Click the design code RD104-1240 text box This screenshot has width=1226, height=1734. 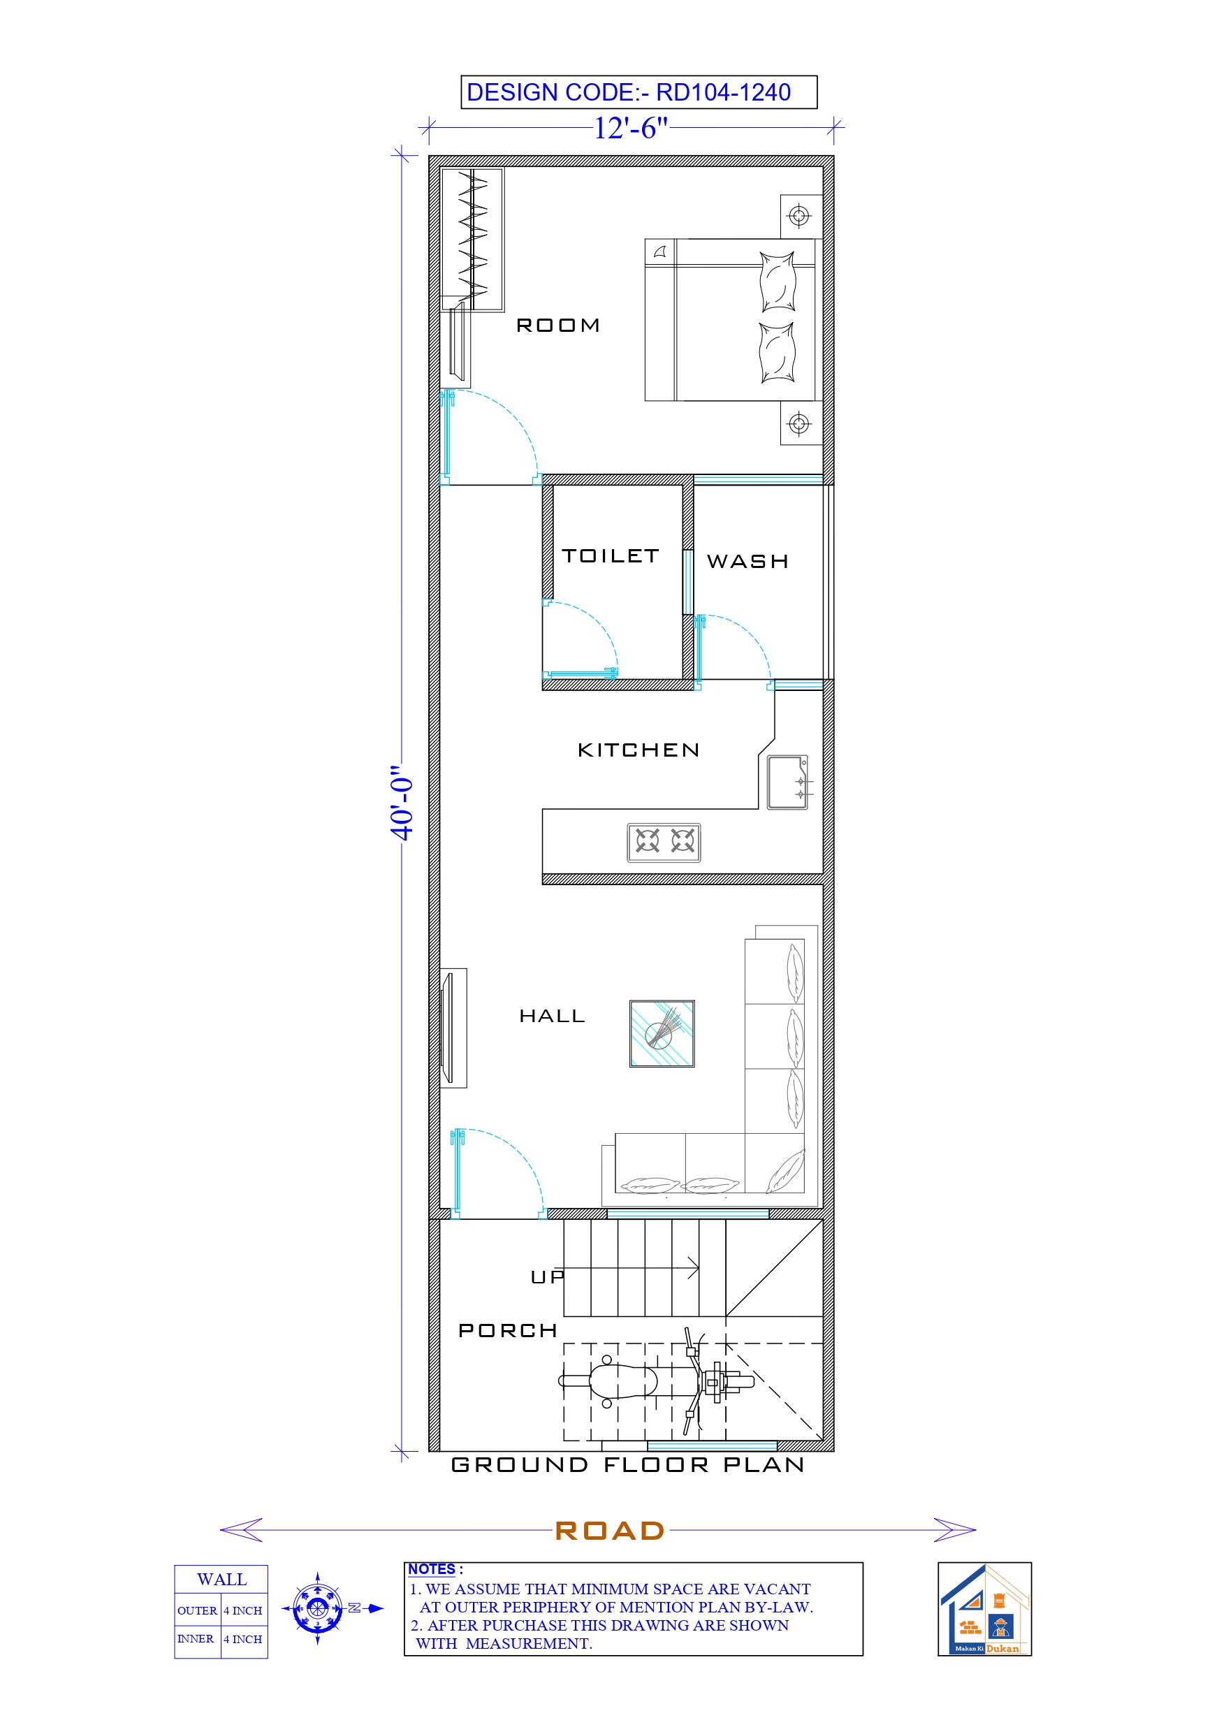pos(638,92)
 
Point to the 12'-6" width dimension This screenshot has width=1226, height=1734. pos(631,129)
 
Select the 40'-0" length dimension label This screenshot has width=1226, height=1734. pos(402,802)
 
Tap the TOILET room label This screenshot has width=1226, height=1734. pos(611,557)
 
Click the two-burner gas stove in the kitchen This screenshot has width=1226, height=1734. pos(663,842)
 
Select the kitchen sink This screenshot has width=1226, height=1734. pos(787,782)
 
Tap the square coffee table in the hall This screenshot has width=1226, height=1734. pos(662,1034)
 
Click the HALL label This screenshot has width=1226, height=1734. pos(552,1017)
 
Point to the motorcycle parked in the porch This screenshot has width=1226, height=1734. pos(656,1381)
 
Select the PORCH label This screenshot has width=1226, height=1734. pos(508,1331)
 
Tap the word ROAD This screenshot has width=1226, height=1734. pos(610,1531)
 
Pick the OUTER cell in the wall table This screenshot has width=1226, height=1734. pos(197,1611)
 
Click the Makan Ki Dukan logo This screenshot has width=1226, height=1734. pos(984,1610)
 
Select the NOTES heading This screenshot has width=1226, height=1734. pos(431,1569)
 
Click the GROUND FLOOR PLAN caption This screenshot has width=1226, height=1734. pos(628,1465)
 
